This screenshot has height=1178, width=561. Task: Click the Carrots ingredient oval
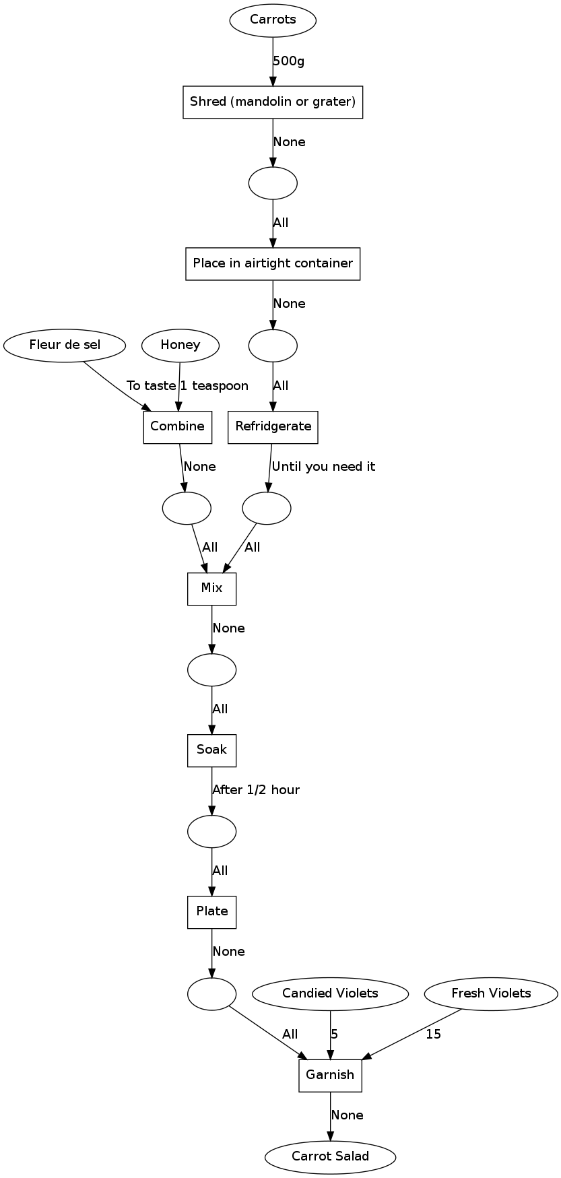point(273,20)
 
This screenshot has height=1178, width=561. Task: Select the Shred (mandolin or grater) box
point(273,102)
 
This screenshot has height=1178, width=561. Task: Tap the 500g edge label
point(289,61)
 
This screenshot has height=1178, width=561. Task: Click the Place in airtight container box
point(273,263)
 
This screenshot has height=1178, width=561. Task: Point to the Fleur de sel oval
point(65,346)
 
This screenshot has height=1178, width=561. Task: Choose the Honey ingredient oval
point(180,346)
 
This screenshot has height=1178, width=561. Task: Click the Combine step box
point(178,427)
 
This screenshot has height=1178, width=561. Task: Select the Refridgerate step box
point(273,427)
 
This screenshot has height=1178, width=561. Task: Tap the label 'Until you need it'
point(324,467)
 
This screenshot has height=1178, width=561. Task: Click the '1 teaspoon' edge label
point(214,386)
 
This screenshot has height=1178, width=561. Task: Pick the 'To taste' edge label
point(152,386)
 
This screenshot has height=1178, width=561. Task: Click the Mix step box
point(212,589)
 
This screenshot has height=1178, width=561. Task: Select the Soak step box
point(212,750)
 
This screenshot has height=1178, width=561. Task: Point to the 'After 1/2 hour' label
point(256,790)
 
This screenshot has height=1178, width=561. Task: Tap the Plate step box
point(212,912)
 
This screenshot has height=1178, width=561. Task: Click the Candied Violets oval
point(331,993)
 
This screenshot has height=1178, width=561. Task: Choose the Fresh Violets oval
point(491,993)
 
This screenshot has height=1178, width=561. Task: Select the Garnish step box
point(331,1075)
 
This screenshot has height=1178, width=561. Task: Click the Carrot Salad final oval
point(331,1156)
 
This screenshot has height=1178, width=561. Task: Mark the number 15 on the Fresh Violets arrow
point(434,1035)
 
